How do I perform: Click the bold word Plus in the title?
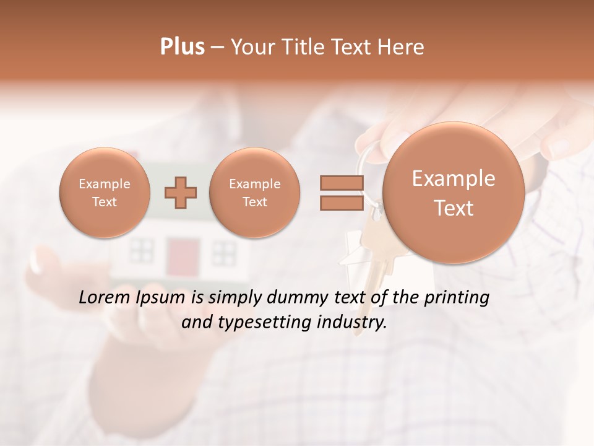(182, 47)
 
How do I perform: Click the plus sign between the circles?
(181, 193)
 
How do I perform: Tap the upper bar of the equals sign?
(341, 183)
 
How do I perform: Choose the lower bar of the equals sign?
(341, 203)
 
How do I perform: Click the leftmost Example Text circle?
(105, 193)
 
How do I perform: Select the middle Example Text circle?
(255, 193)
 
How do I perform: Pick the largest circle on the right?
(454, 193)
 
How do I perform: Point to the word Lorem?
(106, 297)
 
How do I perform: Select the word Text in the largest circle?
(454, 208)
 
